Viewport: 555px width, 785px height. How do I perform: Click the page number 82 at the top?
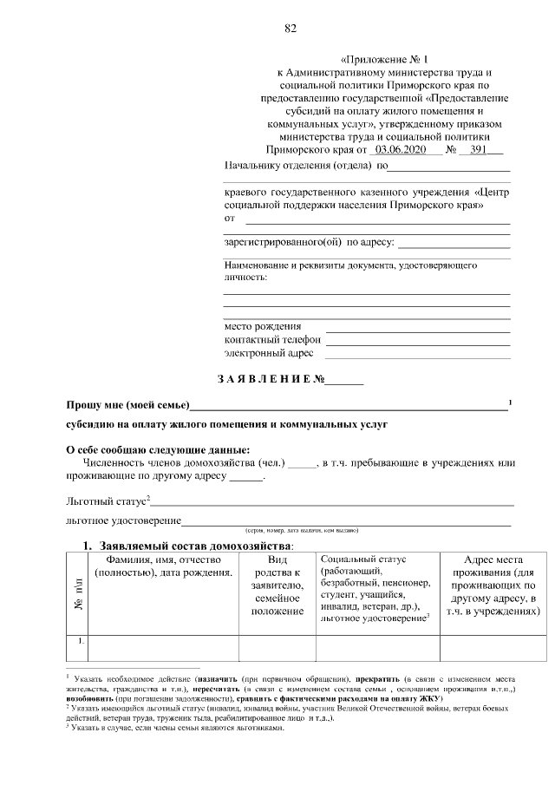291,28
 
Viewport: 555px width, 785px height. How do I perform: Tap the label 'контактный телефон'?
272,340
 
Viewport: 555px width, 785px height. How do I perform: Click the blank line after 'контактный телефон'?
417,342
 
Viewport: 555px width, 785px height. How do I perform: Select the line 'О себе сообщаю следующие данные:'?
158,449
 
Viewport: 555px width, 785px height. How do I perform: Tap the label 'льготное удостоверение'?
123,520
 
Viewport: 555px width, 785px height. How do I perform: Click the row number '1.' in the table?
79,642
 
